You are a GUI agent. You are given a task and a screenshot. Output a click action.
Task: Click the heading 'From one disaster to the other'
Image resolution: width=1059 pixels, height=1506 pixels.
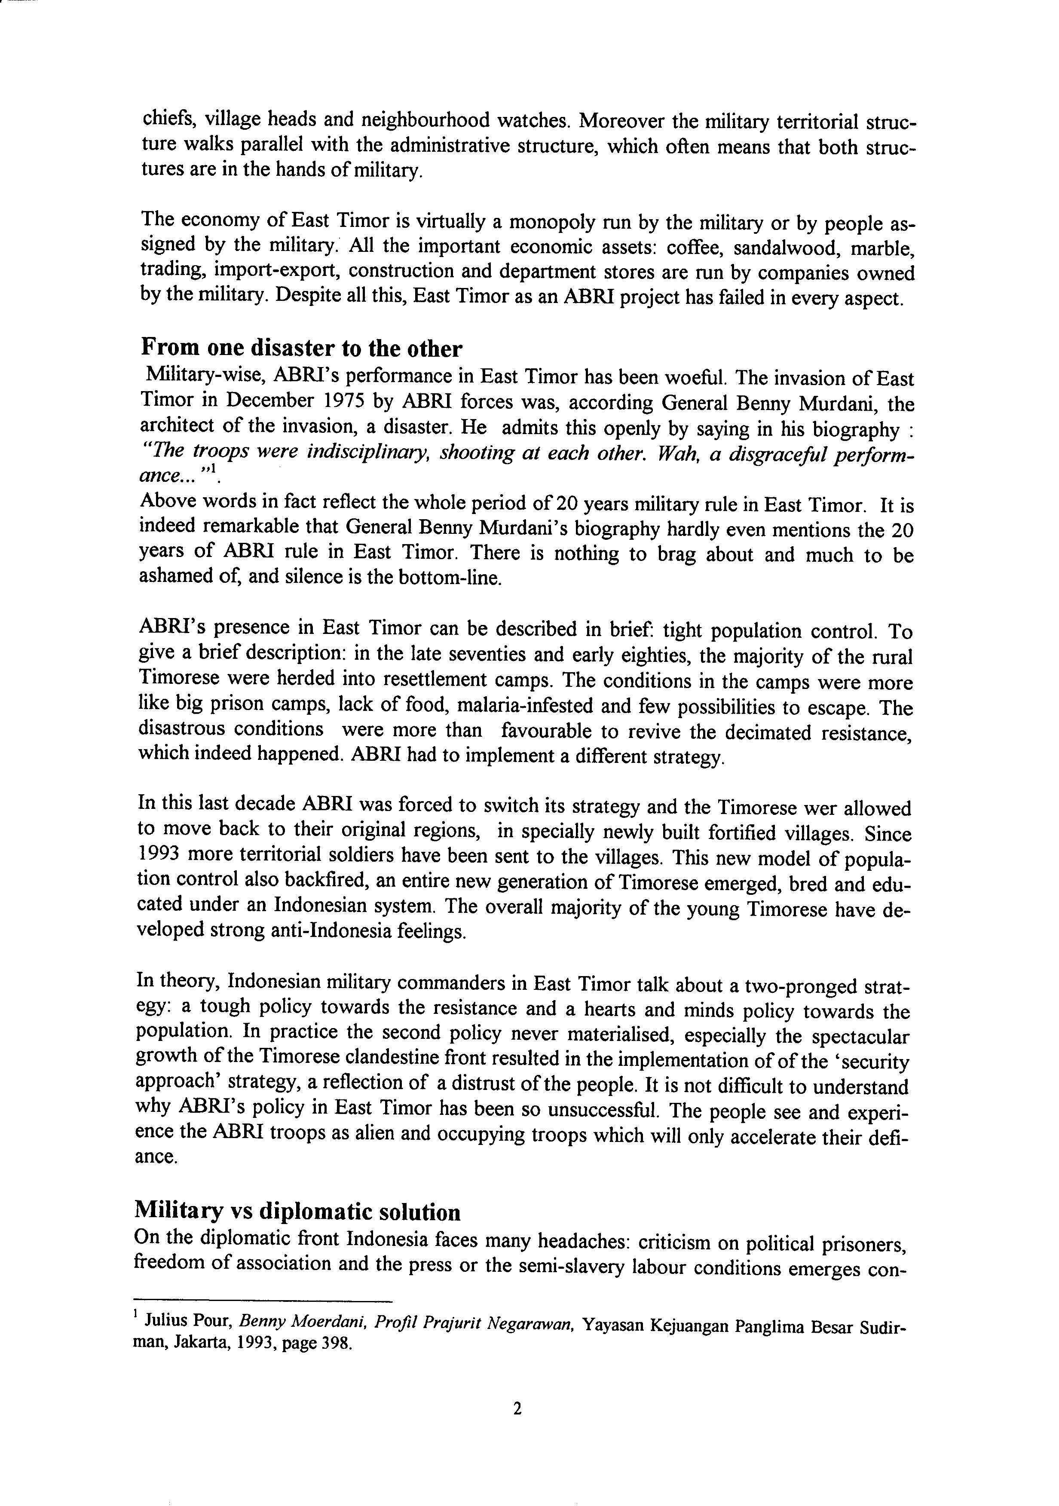302,348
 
